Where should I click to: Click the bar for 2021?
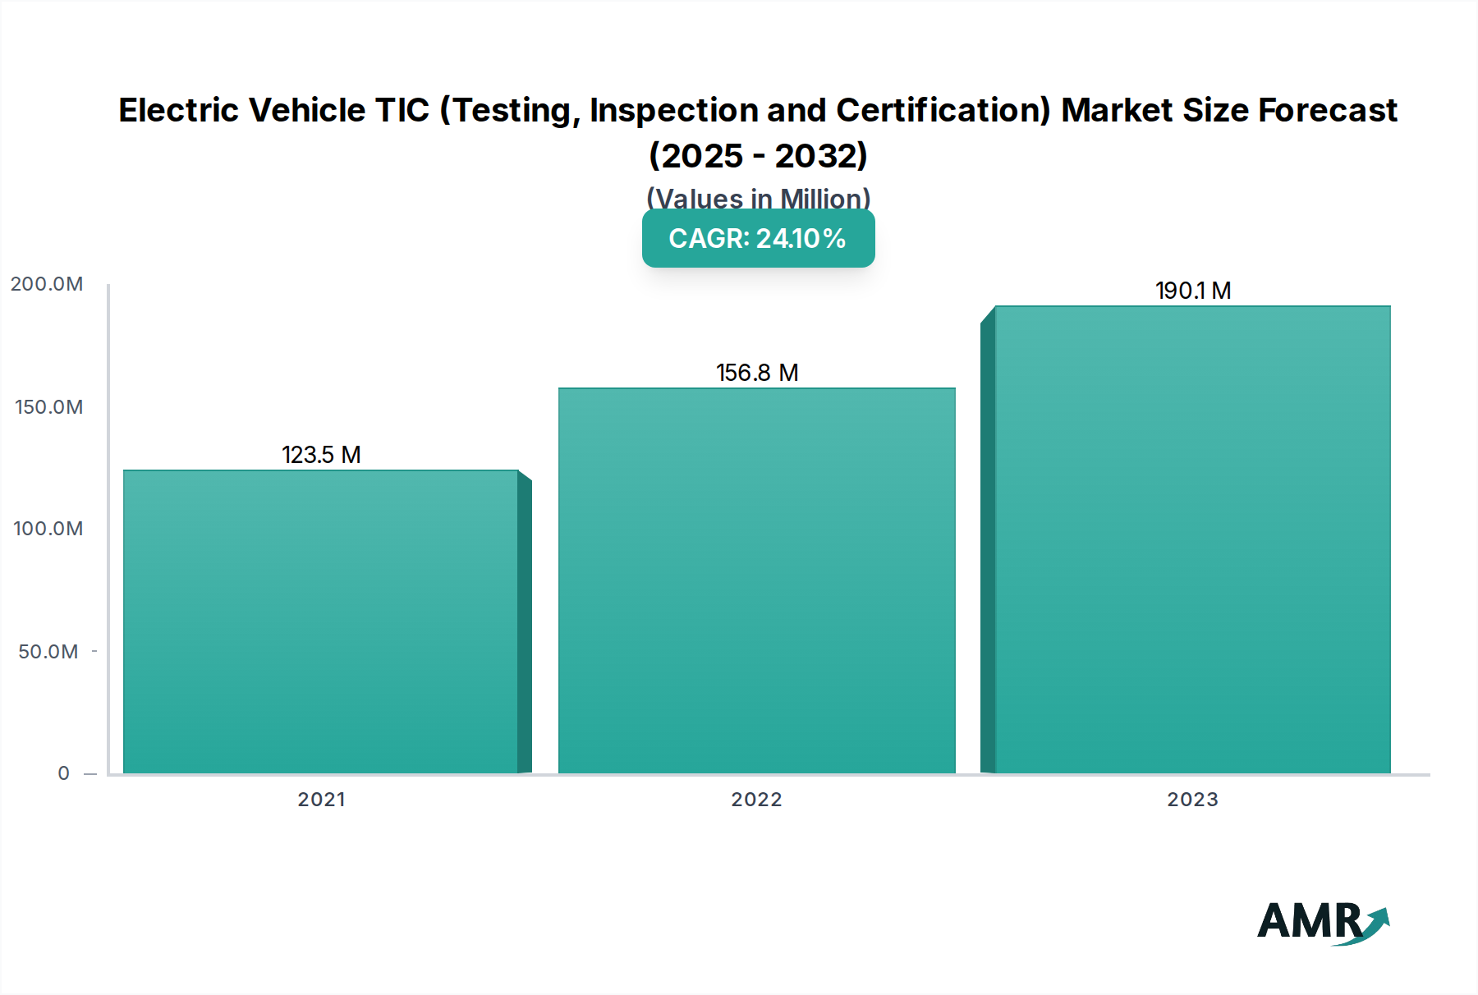tap(321, 621)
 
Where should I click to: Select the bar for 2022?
tap(756, 580)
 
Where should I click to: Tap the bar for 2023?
tap(1192, 539)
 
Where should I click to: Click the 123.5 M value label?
tap(321, 455)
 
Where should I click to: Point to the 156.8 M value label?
tap(756, 373)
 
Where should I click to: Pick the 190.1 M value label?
tap(1192, 291)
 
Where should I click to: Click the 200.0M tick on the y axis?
tap(47, 284)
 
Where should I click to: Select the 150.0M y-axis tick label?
tap(48, 407)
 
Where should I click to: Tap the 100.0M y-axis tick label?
tap(48, 529)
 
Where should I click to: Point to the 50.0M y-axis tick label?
tap(48, 652)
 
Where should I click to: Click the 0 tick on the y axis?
tap(63, 773)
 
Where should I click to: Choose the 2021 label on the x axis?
tap(321, 800)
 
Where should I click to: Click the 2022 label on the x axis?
tap(756, 800)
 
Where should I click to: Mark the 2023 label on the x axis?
tap(1192, 800)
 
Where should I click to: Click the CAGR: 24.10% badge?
tap(758, 238)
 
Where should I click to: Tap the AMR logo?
tap(1322, 922)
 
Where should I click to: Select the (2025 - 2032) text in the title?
tap(758, 155)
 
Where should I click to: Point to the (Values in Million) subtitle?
tap(758, 198)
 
